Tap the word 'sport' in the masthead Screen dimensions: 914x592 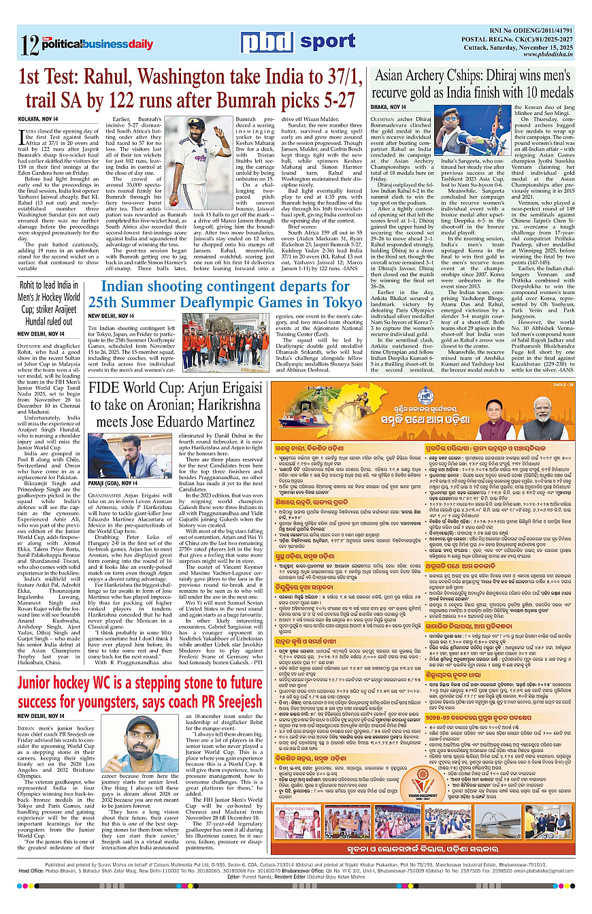(x=327, y=42)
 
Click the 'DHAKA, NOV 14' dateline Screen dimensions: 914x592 (x=389, y=107)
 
